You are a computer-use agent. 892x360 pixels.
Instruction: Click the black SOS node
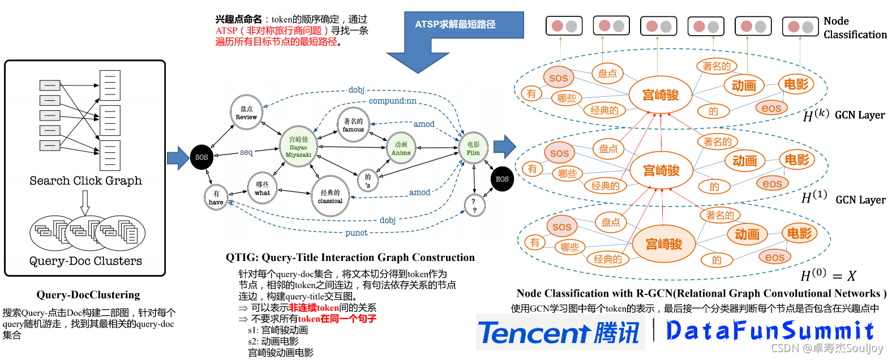201,157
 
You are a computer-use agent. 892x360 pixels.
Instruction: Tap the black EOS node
502,179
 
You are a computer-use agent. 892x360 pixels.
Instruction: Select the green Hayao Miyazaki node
298,147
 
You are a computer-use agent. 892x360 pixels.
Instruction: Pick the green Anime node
401,148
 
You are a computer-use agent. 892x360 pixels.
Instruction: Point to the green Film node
473,148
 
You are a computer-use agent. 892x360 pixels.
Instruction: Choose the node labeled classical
330,196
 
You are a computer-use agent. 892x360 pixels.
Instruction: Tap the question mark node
474,205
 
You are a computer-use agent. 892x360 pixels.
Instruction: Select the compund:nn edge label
392,101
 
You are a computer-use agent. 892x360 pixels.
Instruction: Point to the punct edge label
356,233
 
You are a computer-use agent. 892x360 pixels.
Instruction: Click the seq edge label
246,152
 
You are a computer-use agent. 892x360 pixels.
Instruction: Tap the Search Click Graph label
85,181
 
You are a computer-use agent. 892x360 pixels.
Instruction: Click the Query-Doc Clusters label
85,261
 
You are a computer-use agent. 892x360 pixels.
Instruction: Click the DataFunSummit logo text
770,331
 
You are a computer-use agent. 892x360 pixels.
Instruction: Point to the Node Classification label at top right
855,28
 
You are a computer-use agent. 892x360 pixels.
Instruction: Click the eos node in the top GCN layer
771,108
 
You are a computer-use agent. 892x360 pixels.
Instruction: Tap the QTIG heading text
350,258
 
